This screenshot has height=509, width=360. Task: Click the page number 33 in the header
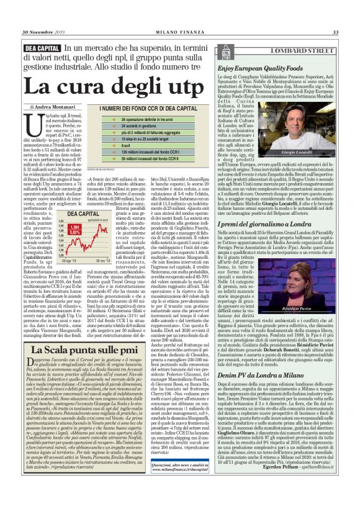(x=335, y=32)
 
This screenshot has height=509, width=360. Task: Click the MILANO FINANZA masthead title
(x=179, y=32)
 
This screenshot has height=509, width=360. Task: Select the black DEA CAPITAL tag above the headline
(x=43, y=48)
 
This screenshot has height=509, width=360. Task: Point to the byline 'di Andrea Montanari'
(x=52, y=107)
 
